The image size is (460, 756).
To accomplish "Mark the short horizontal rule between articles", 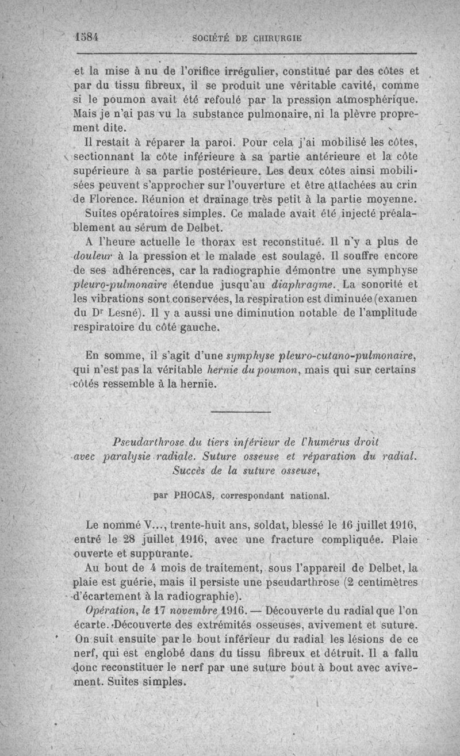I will tap(240, 412).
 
